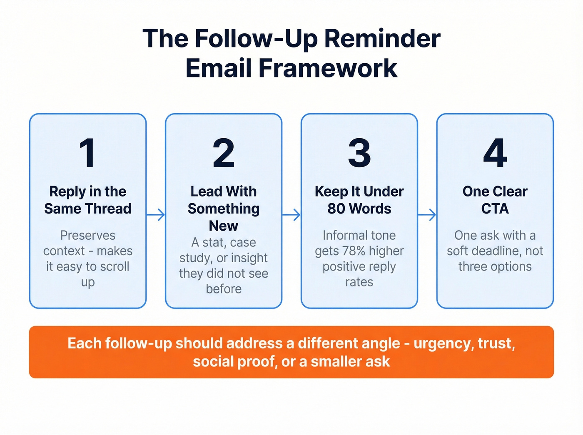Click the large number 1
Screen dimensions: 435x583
coord(87,153)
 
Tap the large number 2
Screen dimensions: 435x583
coord(224,153)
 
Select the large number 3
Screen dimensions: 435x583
coord(359,153)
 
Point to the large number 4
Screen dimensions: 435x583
coord(495,153)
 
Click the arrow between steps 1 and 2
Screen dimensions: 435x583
coord(156,215)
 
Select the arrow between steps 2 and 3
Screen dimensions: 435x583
coord(291,215)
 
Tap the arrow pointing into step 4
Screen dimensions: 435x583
coord(427,215)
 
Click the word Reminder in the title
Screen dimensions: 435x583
coord(382,39)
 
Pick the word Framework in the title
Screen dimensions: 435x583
coord(328,68)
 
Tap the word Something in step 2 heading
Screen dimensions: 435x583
coord(224,209)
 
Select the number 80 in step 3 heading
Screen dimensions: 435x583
coord(336,209)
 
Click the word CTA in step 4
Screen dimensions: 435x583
coord(495,209)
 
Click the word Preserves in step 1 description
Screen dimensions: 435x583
coord(88,236)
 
